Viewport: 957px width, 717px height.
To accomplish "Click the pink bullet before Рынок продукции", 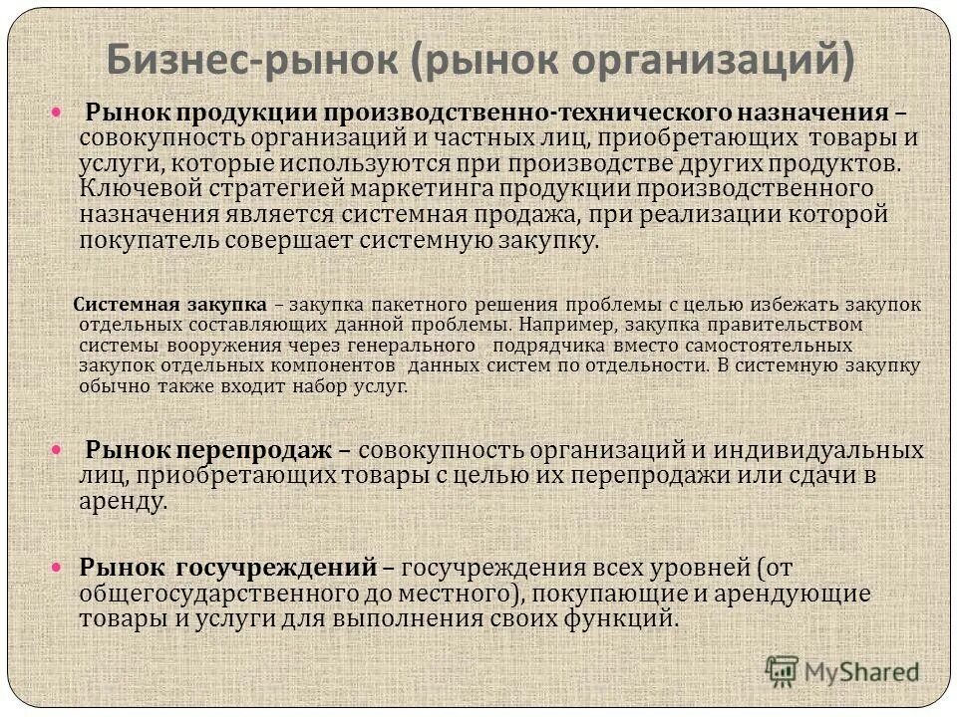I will pyautogui.click(x=57, y=113).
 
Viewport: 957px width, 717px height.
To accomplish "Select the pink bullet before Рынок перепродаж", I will pyautogui.click(x=57, y=451).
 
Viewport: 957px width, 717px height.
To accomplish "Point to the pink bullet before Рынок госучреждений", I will pyautogui.click(x=57, y=567).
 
